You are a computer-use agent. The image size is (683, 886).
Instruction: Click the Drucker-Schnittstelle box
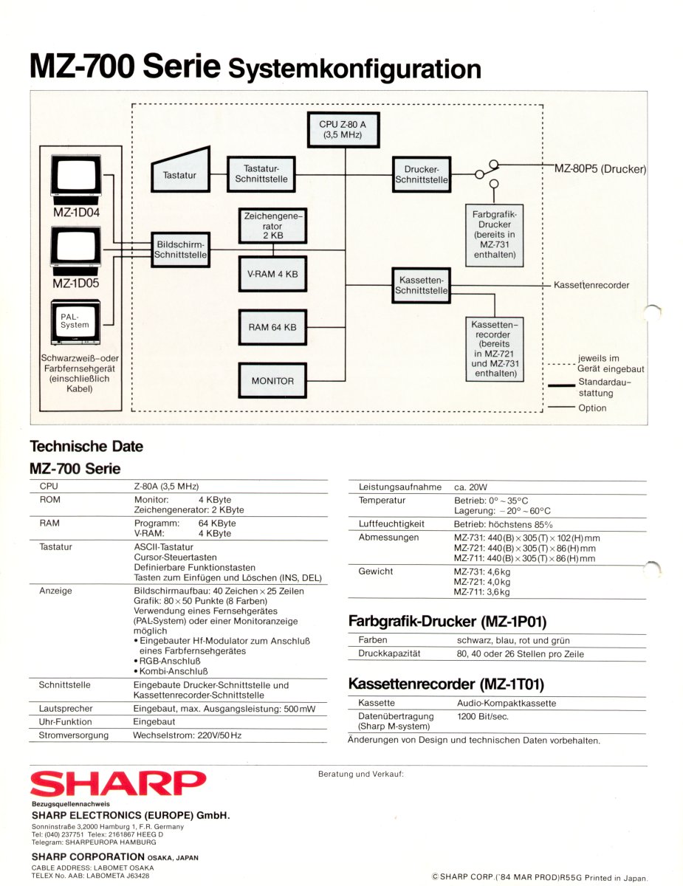tap(422, 174)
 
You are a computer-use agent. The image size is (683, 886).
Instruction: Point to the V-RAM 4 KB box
tap(272, 274)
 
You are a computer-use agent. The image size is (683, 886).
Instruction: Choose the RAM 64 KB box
tap(272, 327)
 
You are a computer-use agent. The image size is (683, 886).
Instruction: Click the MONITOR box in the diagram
tap(272, 381)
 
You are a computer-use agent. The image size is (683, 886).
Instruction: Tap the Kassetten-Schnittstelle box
tap(422, 286)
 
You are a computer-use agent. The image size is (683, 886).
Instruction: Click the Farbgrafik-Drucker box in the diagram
tap(494, 236)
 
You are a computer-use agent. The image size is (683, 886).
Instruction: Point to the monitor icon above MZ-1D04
tap(75, 178)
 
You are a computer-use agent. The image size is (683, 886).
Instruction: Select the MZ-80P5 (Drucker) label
tap(600, 169)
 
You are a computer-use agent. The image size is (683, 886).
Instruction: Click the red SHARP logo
tap(118, 784)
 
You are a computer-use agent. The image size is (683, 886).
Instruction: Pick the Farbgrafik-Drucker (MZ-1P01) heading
tap(447, 622)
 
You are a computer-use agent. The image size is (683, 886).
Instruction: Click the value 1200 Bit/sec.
tap(483, 716)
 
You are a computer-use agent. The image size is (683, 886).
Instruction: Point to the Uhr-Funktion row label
tap(66, 721)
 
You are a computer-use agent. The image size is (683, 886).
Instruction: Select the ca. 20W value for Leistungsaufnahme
tap(470, 487)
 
